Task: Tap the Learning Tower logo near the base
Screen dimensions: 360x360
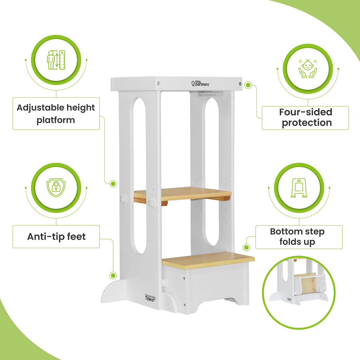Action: (x=150, y=297)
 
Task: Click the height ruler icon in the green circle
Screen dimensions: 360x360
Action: (x=56, y=60)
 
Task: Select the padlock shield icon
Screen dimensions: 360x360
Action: (x=56, y=188)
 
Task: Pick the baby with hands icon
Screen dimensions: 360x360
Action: (x=308, y=68)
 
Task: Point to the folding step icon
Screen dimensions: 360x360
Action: (x=299, y=188)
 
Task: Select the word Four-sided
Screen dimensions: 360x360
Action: (x=306, y=112)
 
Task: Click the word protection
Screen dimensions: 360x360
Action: (x=307, y=123)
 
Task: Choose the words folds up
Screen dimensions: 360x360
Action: (x=297, y=242)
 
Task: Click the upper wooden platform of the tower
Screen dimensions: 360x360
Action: (x=182, y=193)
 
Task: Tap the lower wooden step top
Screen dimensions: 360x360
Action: (x=208, y=261)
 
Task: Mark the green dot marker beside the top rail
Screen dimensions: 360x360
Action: (x=248, y=85)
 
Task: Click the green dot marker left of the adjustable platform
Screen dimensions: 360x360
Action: (x=113, y=183)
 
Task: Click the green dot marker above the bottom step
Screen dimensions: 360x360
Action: (x=247, y=248)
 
